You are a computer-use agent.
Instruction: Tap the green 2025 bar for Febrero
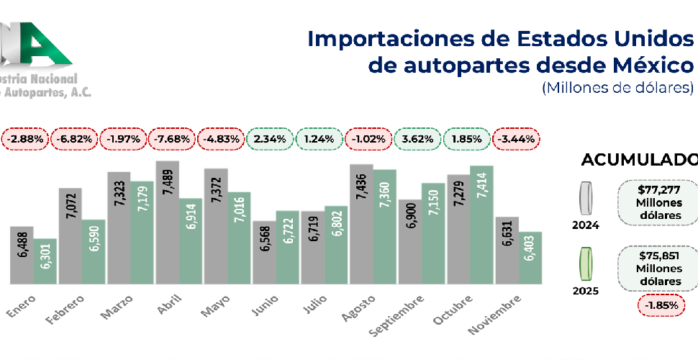pos(94,251)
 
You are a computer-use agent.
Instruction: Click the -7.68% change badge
pos(172,138)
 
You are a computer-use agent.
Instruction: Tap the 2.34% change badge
pos(271,138)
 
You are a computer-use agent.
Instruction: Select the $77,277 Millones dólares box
pos(658,203)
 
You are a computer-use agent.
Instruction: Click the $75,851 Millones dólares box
pos(658,268)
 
